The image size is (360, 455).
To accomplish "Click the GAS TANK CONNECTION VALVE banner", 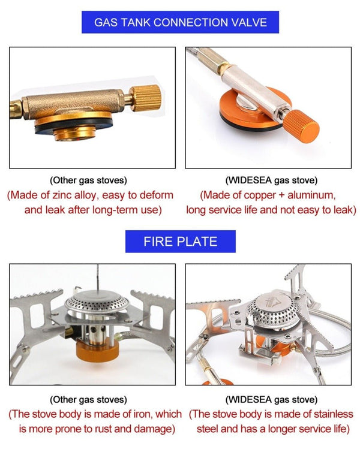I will pyautogui.click(x=180, y=23).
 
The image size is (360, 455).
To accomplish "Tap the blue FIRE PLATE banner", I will pyautogui.click(x=180, y=242).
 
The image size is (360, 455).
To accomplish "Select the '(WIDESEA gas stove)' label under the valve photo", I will pyautogui.click(x=271, y=180).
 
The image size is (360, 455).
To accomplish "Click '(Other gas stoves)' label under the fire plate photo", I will pyautogui.click(x=88, y=399).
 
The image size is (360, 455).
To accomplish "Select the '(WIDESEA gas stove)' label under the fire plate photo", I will pyautogui.click(x=271, y=399).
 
